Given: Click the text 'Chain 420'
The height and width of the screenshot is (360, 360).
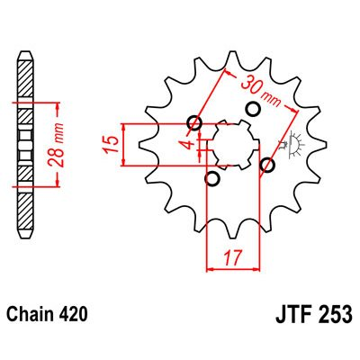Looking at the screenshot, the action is point(48,314).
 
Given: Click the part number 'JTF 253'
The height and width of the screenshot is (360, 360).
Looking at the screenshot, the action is point(314,314).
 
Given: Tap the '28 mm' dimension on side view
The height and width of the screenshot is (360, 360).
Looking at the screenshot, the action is point(56,145).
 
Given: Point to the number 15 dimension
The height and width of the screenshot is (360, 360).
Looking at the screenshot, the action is point(110,144).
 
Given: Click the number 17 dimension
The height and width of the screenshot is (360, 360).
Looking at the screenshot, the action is point(233,258).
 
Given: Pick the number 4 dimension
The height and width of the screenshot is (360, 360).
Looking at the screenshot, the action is point(189,144).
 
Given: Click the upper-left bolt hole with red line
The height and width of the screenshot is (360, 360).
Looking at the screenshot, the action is point(194,122).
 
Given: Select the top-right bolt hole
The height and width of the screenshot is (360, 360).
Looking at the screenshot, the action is point(253,110).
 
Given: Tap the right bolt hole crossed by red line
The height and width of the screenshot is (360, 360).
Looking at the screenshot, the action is point(267,165).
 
